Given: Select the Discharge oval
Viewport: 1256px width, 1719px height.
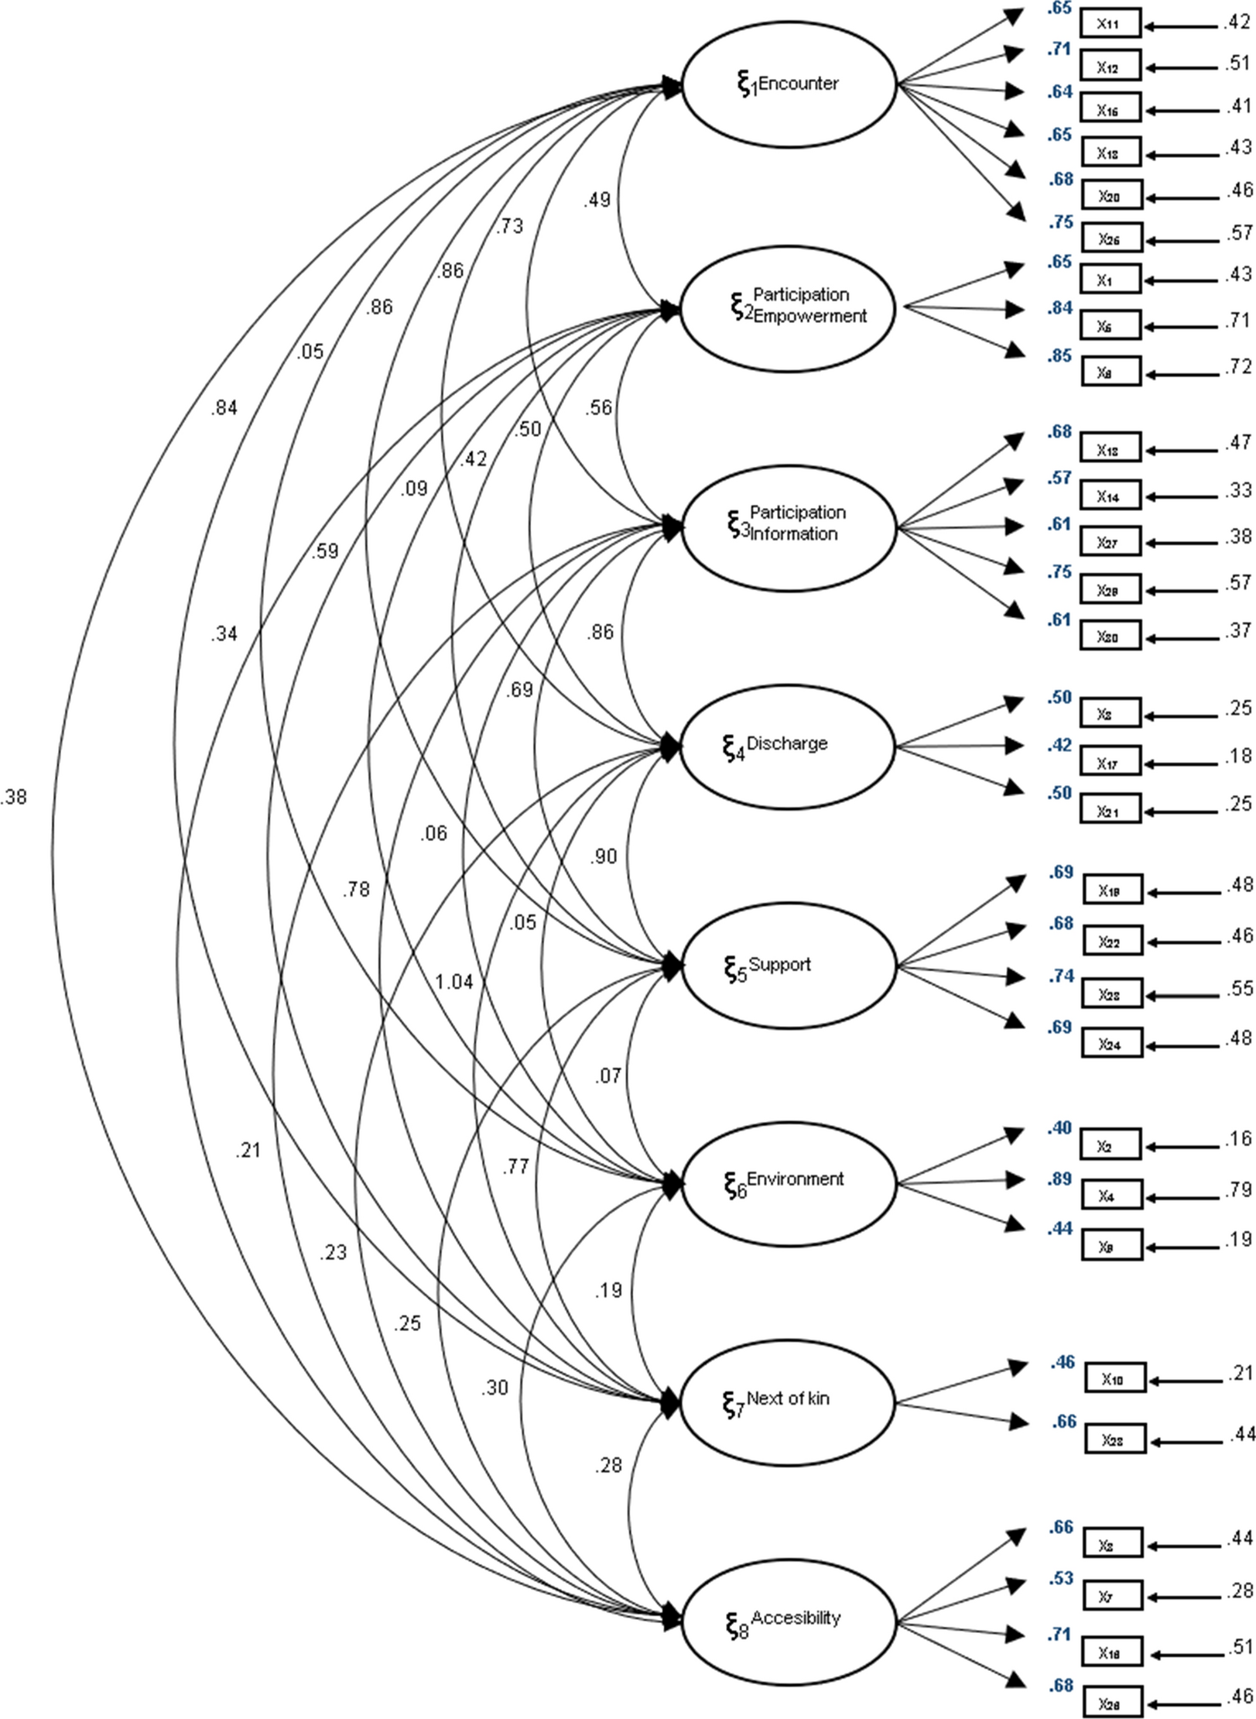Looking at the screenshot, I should [788, 746].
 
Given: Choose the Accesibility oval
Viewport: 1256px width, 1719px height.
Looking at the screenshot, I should [788, 1621].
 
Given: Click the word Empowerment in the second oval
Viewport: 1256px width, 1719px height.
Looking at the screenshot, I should [809, 317].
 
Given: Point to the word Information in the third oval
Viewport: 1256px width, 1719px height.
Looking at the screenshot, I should [794, 534].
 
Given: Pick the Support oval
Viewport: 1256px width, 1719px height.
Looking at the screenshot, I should [788, 967].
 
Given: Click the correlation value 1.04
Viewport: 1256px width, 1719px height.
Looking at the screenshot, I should [453, 982].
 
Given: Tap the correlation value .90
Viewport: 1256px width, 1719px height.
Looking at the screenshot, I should [603, 856].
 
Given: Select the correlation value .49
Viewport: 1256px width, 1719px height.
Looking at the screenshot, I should [597, 200].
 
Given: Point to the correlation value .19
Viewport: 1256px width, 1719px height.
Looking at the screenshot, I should [608, 1290].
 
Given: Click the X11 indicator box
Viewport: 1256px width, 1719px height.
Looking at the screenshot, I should [1110, 24].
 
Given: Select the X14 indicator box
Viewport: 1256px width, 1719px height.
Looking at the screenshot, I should [1110, 496].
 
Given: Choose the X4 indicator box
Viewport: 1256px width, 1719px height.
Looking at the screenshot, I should [1110, 1196].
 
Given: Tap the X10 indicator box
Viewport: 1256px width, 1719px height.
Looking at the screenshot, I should [1114, 1379].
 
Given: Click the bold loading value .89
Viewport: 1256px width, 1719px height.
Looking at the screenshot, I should [1059, 1179].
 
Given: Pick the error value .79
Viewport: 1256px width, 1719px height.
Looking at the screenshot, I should [1239, 1189].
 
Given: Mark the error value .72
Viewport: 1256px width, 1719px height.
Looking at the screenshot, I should [1239, 367].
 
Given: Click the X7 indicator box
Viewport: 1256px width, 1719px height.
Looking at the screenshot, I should [1110, 1596].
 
